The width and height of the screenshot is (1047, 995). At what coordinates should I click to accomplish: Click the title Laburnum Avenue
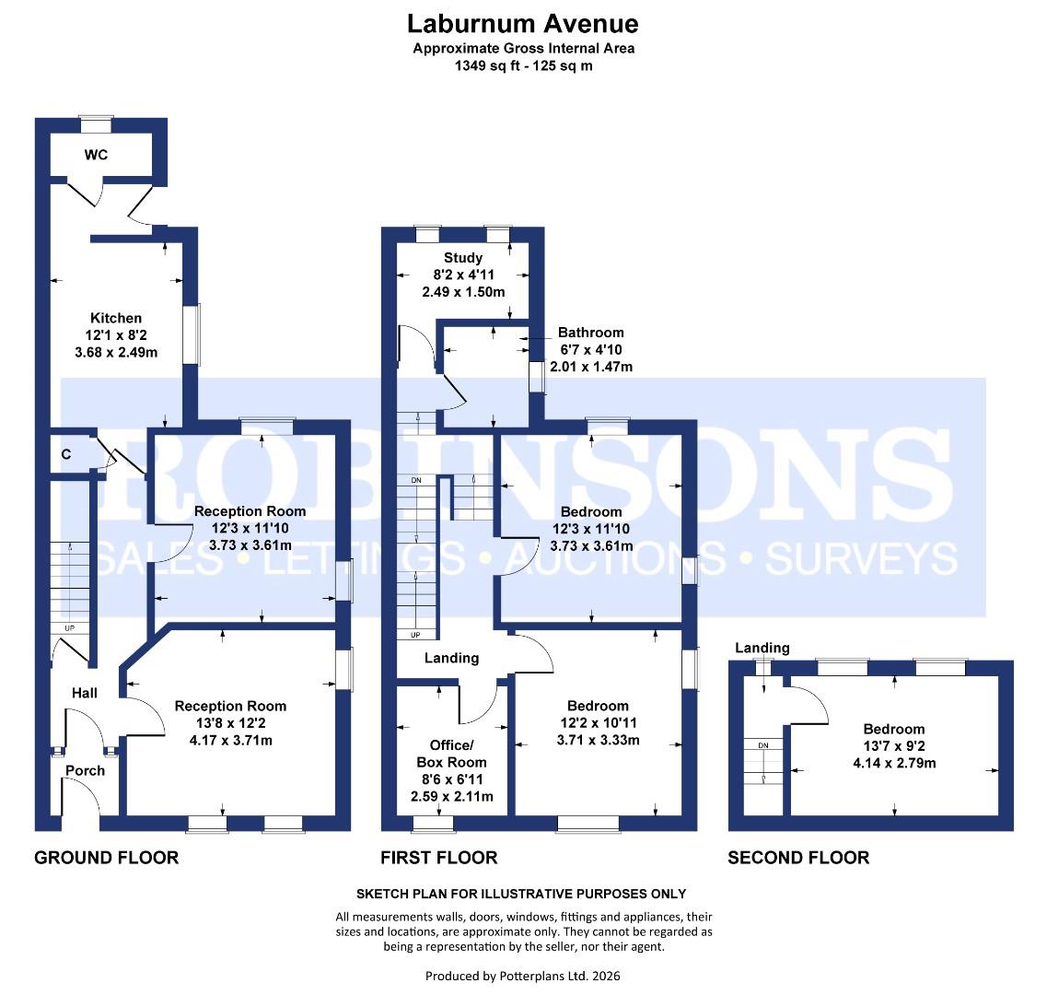(523, 23)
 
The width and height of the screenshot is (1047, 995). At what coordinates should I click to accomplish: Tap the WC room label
(96, 155)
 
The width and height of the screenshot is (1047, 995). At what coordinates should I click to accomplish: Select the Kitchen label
(116, 318)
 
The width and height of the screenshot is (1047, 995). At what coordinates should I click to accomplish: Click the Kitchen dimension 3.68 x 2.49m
(116, 351)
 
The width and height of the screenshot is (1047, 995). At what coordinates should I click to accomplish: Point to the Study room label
(462, 258)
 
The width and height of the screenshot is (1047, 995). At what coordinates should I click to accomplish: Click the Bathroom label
(590, 333)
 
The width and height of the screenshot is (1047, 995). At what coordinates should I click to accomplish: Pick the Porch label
(85, 770)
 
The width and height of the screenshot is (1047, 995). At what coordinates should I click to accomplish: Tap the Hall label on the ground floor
(85, 693)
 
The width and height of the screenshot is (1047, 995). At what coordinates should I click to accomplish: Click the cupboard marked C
(66, 453)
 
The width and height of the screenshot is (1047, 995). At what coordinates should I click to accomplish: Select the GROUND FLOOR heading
(106, 858)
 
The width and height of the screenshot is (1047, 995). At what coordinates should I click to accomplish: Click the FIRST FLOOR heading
(438, 858)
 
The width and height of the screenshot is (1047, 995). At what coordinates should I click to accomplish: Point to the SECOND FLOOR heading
(797, 858)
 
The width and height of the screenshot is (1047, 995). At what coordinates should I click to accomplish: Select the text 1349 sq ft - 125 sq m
(523, 65)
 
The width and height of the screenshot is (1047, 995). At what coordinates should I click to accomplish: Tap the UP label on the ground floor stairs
(70, 628)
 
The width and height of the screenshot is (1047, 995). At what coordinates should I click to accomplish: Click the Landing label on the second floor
(762, 648)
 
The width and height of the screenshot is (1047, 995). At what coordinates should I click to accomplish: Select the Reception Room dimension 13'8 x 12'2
(230, 723)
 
